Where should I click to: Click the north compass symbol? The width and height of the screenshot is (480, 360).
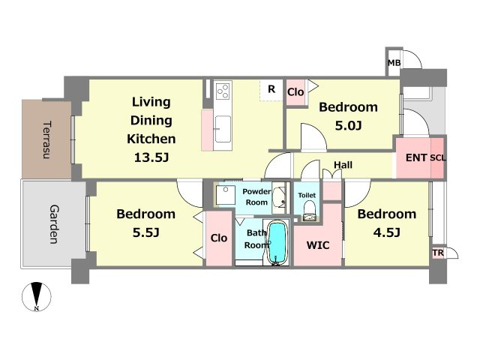[37, 296]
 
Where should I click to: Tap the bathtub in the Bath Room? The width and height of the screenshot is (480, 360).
[277, 242]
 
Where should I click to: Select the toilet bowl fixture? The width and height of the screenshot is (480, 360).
[310, 211]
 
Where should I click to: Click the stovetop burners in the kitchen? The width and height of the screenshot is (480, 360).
[223, 91]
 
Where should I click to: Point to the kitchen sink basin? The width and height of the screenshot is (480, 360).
[223, 129]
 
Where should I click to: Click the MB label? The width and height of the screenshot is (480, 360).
[394, 63]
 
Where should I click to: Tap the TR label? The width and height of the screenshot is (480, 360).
[438, 253]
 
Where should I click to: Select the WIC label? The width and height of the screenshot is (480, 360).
[318, 245]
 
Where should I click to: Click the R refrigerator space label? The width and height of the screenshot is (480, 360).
[271, 89]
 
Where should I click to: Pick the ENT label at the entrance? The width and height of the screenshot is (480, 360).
[416, 157]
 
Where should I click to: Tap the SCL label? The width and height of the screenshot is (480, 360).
[438, 158]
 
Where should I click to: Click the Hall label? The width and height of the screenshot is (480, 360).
[343, 165]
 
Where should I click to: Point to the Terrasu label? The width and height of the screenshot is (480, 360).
[46, 139]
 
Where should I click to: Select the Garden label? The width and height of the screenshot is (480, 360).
[54, 224]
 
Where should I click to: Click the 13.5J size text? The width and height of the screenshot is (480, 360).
[151, 157]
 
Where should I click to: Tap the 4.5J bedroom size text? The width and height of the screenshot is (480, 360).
[387, 232]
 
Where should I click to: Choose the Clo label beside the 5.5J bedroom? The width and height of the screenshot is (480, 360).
[219, 238]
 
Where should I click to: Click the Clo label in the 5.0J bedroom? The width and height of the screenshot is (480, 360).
[295, 91]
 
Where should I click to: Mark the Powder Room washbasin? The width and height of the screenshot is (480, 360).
[278, 196]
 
